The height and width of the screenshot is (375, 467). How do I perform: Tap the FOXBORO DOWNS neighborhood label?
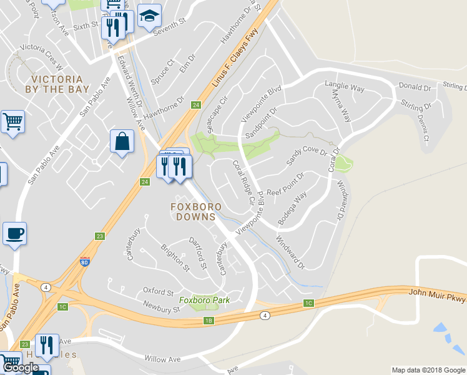pyautogui.click(x=194, y=211)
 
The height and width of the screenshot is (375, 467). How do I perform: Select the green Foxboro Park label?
pyautogui.click(x=204, y=300)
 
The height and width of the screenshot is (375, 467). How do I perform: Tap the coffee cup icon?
pyautogui.click(x=14, y=234)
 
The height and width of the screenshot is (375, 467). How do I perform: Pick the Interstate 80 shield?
pyautogui.click(x=84, y=262)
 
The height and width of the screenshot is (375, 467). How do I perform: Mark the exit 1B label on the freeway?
pyautogui.click(x=209, y=321)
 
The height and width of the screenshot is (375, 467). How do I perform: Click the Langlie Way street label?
pyautogui.click(x=345, y=88)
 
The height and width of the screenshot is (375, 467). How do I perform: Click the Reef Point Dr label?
pyautogui.click(x=285, y=186)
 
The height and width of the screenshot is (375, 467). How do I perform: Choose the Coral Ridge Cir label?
pyautogui.click(x=243, y=182)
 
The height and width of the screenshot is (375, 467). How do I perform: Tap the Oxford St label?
pyautogui.click(x=157, y=291)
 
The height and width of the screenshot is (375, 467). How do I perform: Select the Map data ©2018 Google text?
pyautogui.click(x=427, y=370)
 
